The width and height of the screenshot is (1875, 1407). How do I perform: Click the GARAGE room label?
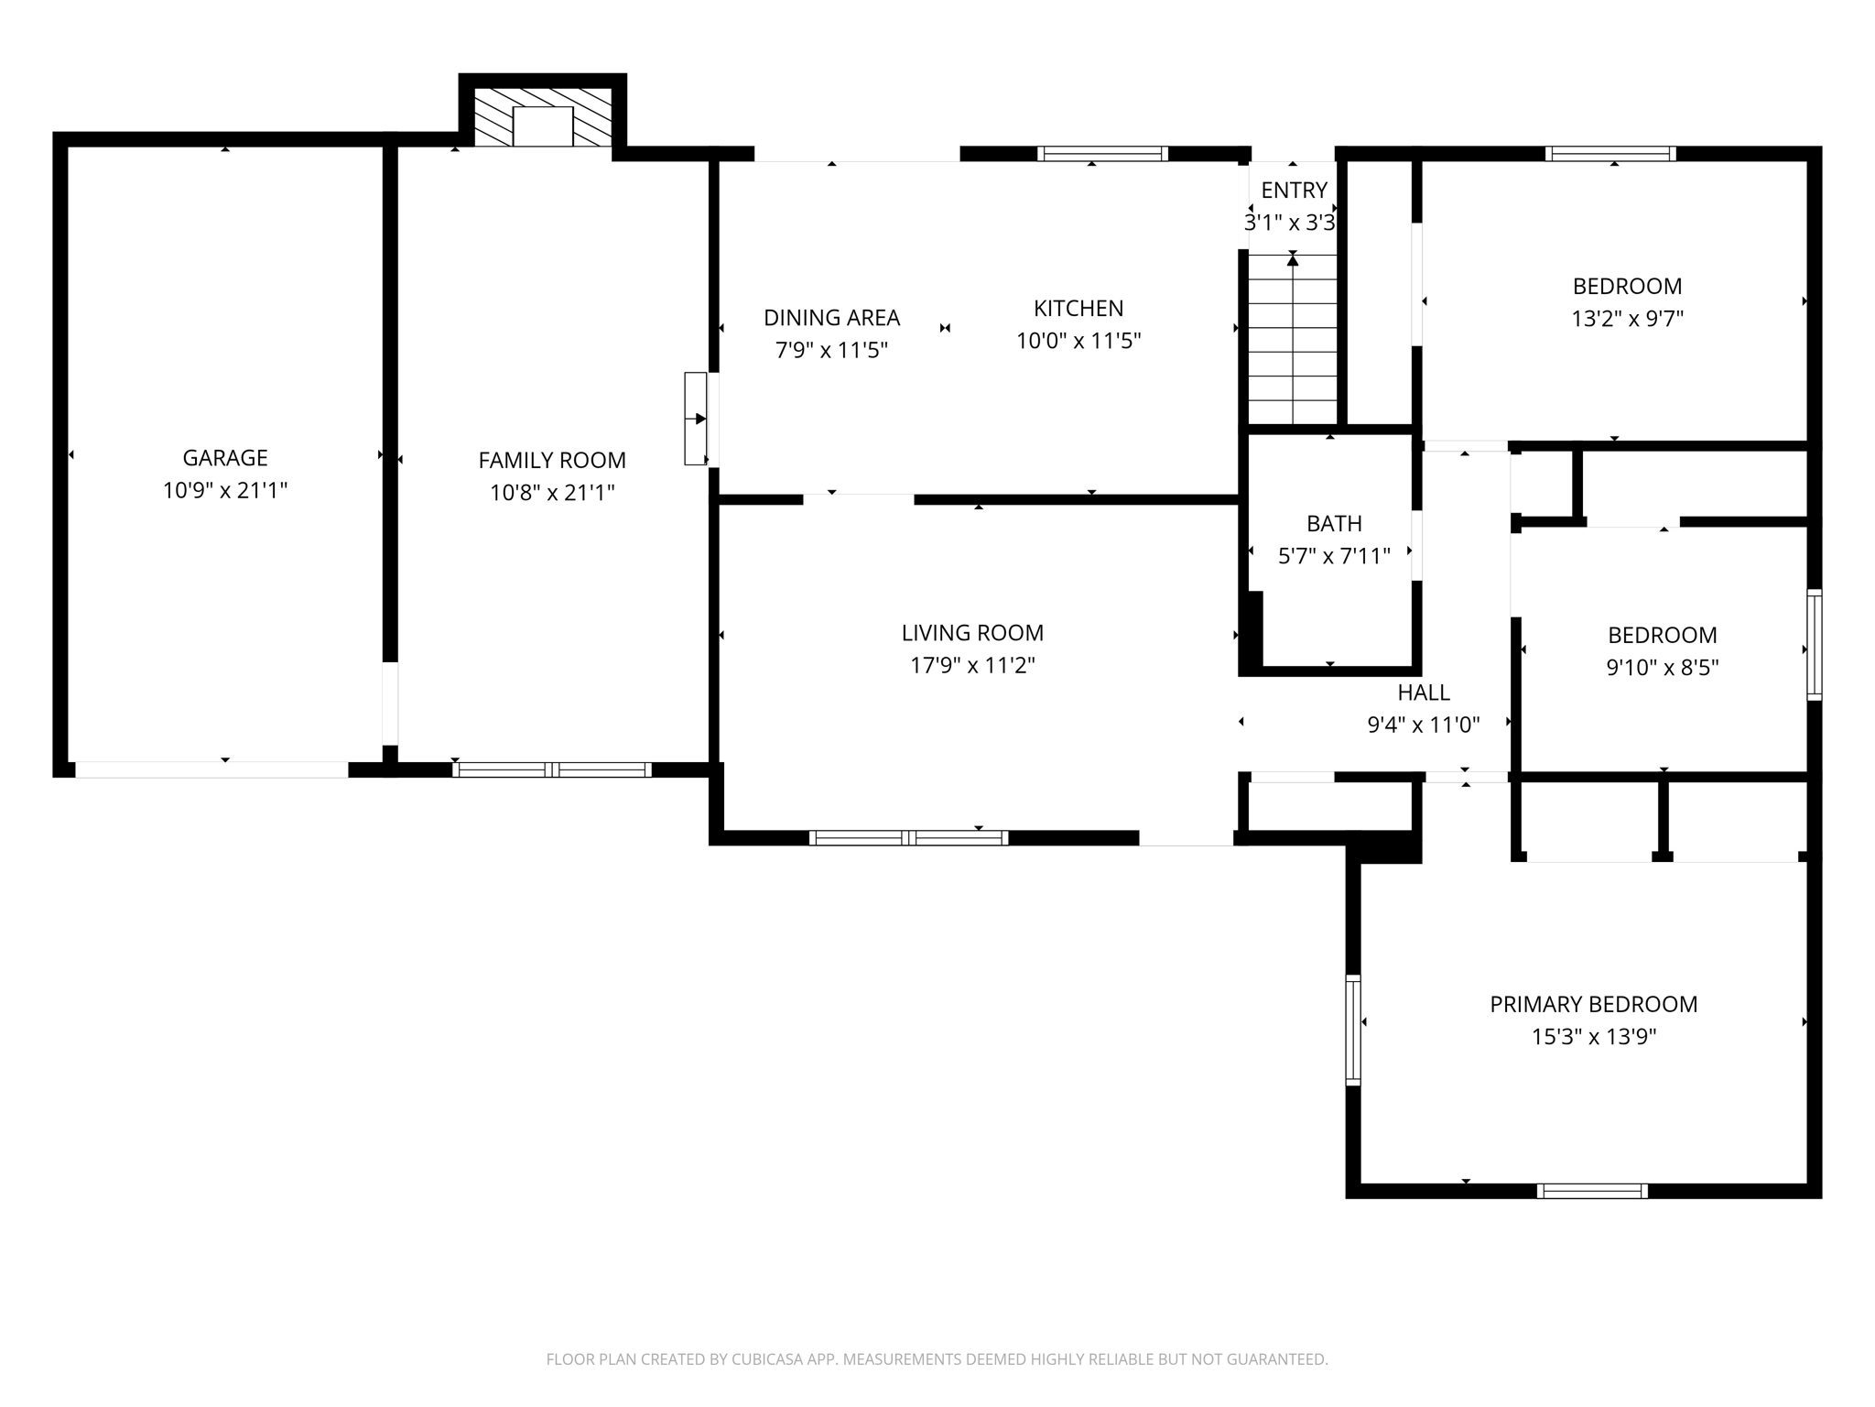click(x=225, y=458)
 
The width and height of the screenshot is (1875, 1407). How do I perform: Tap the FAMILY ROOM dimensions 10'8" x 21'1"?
click(x=552, y=493)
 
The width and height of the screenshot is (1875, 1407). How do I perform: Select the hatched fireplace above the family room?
click(x=542, y=117)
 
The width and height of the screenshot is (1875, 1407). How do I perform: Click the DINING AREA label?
click(x=831, y=318)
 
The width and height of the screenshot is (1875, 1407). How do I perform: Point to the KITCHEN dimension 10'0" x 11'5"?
click(x=1078, y=341)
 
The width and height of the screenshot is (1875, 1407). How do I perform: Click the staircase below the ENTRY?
click(x=1293, y=339)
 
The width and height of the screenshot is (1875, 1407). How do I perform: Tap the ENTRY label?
click(x=1294, y=191)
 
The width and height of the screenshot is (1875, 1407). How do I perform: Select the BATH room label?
click(x=1334, y=524)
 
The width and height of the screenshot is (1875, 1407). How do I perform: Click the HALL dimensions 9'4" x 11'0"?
click(x=1423, y=725)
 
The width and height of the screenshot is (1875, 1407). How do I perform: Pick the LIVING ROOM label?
click(x=972, y=633)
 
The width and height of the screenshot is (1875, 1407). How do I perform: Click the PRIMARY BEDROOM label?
click(x=1593, y=1005)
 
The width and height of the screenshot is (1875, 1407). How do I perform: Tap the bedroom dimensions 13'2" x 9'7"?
click(x=1627, y=319)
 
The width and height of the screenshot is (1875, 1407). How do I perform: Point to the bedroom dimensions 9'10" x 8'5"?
click(x=1662, y=668)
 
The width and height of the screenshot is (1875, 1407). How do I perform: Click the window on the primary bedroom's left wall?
click(x=1352, y=1031)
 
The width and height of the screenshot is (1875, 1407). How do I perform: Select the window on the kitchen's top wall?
click(x=1102, y=154)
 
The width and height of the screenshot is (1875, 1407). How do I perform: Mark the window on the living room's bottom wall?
click(x=908, y=837)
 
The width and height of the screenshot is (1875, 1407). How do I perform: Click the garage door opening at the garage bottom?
click(x=211, y=769)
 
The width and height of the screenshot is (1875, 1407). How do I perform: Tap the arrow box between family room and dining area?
click(x=696, y=419)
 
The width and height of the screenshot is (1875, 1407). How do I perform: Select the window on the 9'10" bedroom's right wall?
click(x=1814, y=646)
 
